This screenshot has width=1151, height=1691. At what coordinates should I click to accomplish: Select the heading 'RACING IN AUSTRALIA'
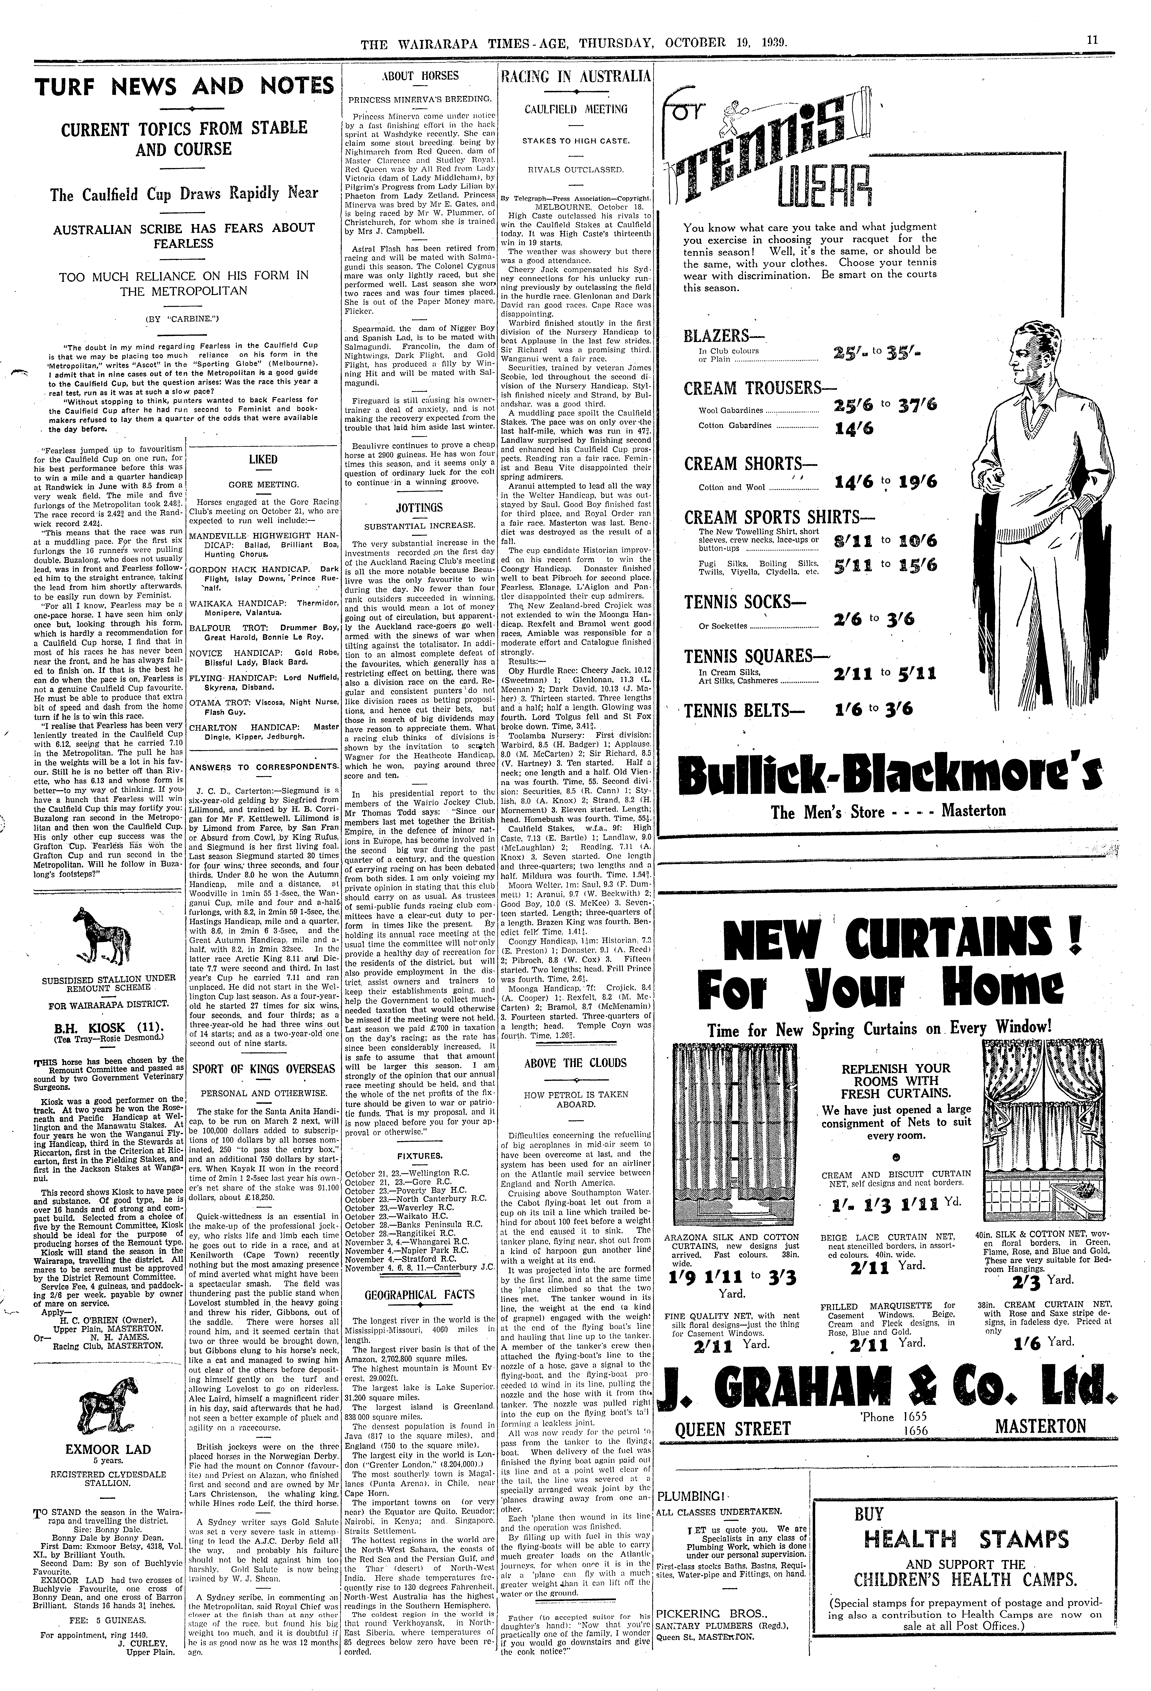[574, 76]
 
